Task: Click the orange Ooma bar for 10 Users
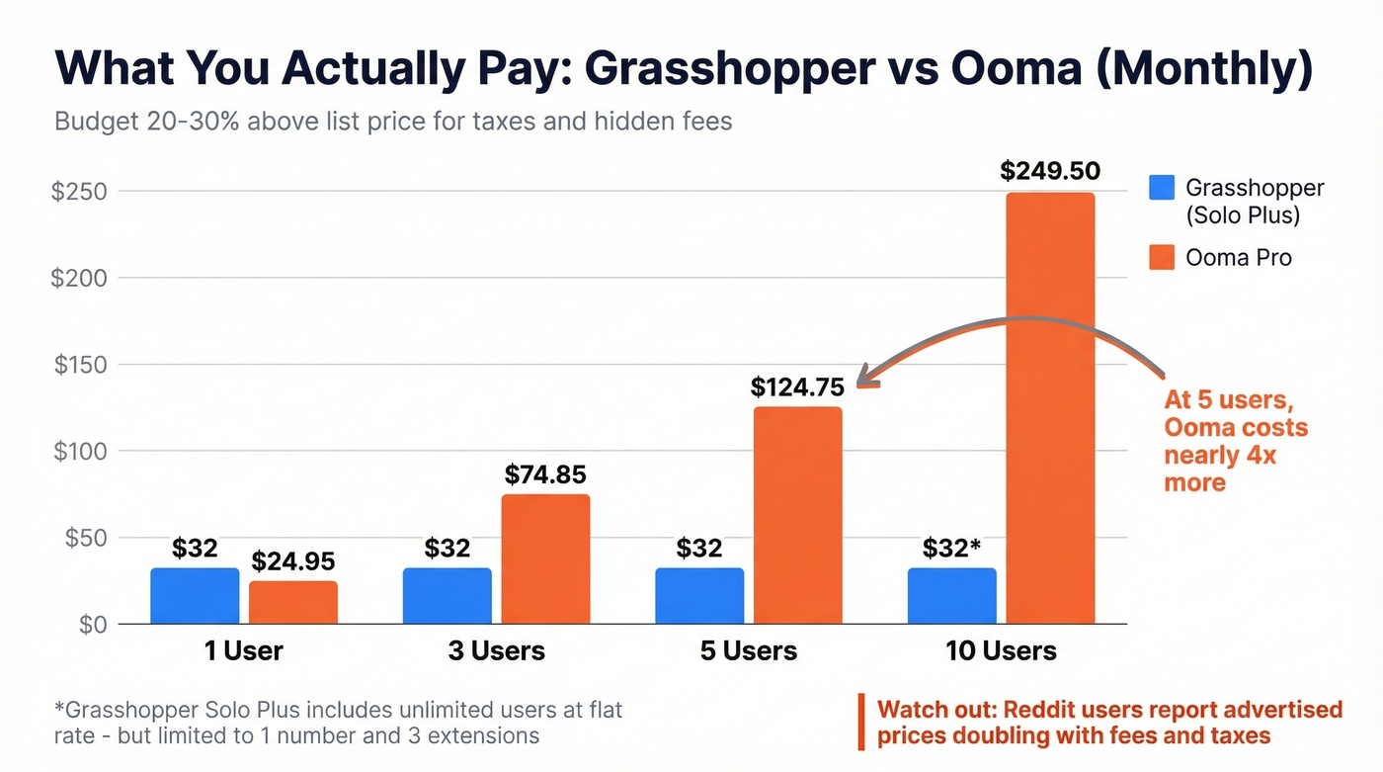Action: click(1050, 407)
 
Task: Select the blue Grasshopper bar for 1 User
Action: click(195, 596)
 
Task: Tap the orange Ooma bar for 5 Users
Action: click(798, 515)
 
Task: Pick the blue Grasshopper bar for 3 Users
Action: click(447, 596)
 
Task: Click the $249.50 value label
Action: click(1049, 171)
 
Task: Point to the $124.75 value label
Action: click(797, 386)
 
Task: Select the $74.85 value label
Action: click(545, 474)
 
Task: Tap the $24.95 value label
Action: click(293, 561)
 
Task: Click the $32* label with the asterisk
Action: click(950, 548)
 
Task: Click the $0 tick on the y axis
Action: click(93, 625)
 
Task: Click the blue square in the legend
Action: click(1162, 188)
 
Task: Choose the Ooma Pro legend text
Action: click(1239, 257)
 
